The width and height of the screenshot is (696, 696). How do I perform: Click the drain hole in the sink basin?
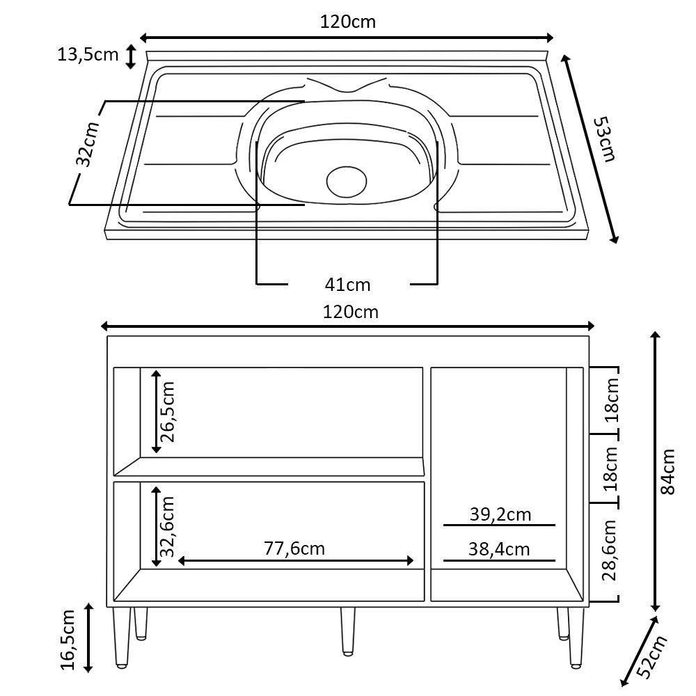(x=347, y=181)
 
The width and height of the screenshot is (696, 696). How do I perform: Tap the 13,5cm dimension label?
(x=88, y=54)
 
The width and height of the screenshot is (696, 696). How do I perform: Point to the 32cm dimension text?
(x=87, y=145)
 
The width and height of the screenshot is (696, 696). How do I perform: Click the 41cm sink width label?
(x=348, y=285)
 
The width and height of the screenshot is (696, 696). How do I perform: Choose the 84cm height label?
(x=667, y=471)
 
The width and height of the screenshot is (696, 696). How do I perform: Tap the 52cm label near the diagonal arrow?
(x=652, y=657)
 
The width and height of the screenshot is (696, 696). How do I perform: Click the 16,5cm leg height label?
(x=68, y=639)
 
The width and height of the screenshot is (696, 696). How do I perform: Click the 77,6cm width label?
(x=294, y=548)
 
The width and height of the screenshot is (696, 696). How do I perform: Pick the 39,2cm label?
(x=500, y=514)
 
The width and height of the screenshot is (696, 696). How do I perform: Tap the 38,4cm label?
(x=499, y=550)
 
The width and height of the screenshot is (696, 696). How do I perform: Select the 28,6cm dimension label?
(x=610, y=550)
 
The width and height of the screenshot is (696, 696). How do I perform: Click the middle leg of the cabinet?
(x=347, y=631)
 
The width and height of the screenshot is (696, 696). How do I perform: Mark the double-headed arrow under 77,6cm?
(x=296, y=561)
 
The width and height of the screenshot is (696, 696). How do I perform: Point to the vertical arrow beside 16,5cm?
(x=88, y=638)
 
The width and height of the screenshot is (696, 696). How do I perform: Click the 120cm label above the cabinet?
(x=351, y=312)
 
